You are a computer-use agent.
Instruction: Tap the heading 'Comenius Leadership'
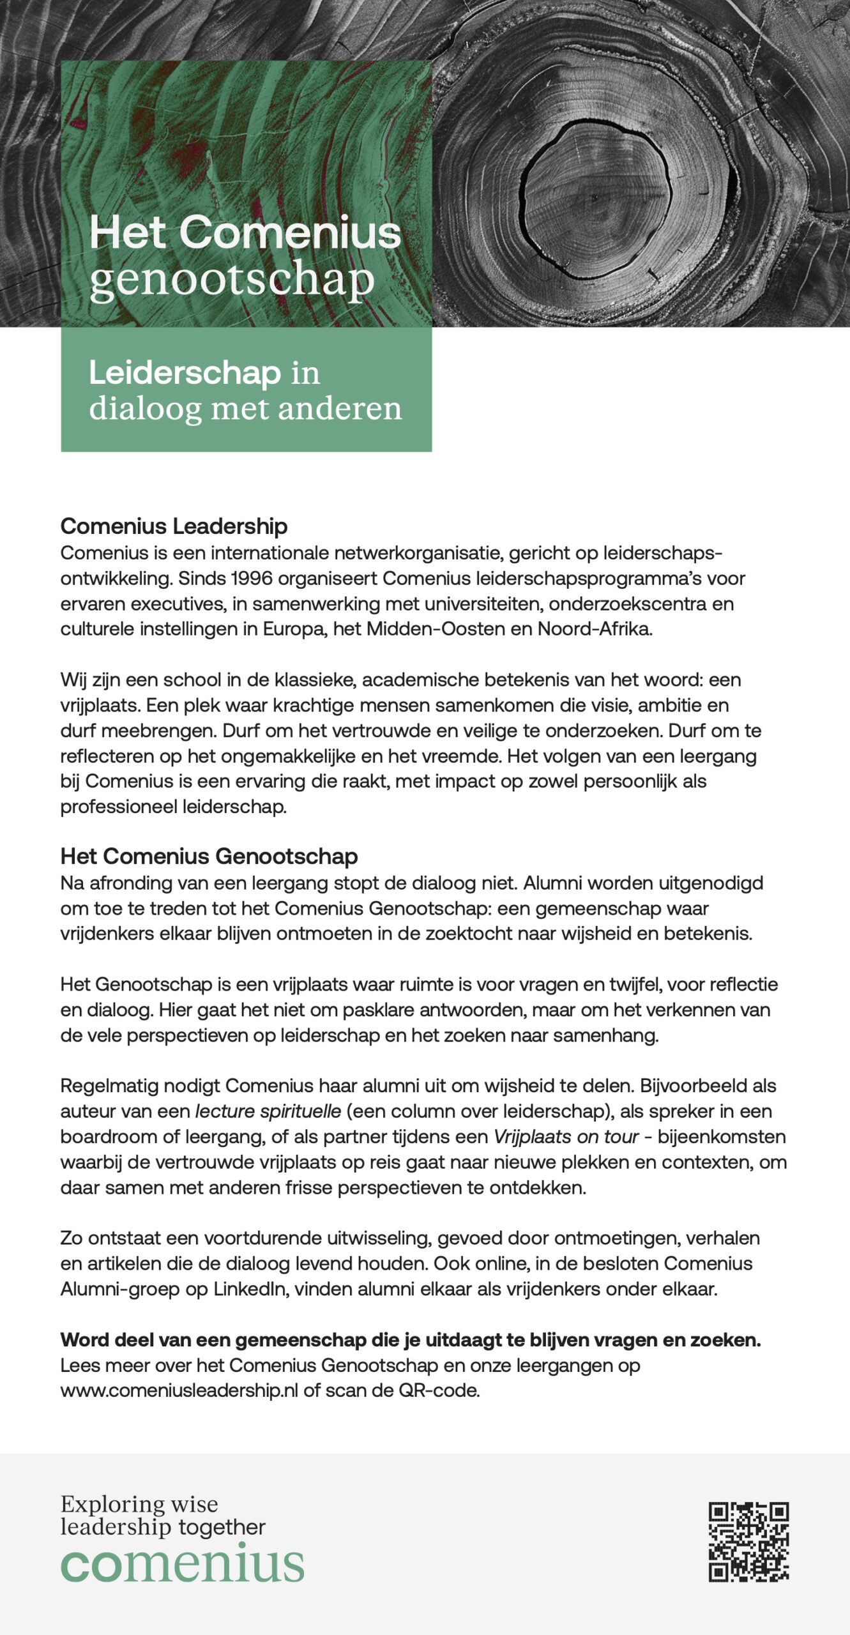pos(174,526)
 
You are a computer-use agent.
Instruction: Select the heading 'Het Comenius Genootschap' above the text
pos(209,856)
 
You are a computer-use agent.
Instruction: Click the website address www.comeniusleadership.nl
pos(179,1390)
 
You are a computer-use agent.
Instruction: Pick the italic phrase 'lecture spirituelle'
pos(268,1111)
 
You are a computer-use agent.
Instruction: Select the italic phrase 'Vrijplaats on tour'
pos(566,1137)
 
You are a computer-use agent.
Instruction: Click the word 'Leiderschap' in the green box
pos(185,372)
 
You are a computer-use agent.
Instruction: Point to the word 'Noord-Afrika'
pos(595,629)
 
